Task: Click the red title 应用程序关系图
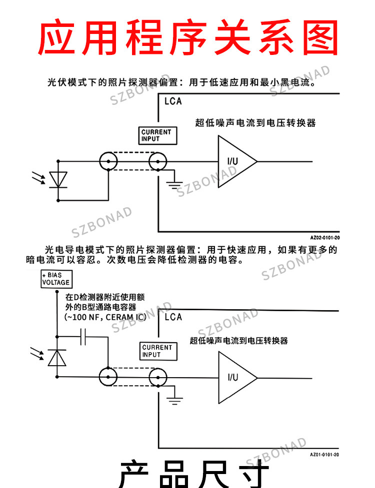click(188, 37)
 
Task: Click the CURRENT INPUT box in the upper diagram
click(157, 136)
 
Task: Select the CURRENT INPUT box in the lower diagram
click(158, 351)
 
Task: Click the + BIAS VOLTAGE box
click(56, 279)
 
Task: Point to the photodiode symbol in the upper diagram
click(58, 180)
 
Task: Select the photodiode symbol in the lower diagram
click(57, 358)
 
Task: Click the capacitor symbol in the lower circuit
click(83, 337)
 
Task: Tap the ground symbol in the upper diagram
click(174, 184)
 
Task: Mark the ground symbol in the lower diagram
click(174, 401)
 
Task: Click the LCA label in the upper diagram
click(173, 101)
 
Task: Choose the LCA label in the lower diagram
click(173, 317)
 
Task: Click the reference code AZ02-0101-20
click(325, 238)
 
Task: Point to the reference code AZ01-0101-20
click(324, 455)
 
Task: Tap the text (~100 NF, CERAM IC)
click(105, 317)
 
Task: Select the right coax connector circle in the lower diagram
click(158, 377)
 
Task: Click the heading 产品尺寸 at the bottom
click(193, 474)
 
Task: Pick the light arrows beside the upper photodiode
click(38, 177)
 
